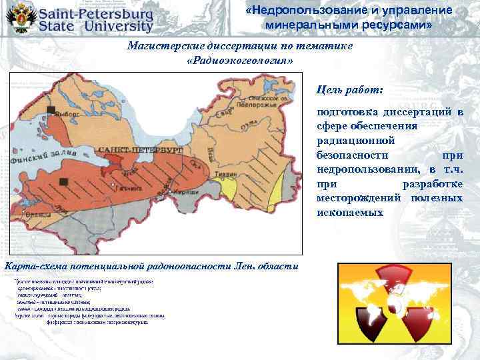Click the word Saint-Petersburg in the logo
pos(96,13)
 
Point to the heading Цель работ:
pos(350,88)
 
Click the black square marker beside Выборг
pos(51,110)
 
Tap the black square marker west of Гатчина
pos(63,181)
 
